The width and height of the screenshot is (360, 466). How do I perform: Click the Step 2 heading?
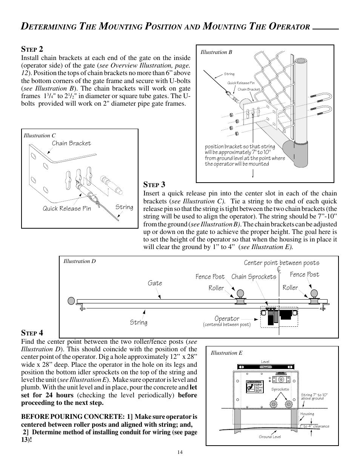point(32,49)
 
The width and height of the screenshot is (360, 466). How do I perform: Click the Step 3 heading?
point(154,185)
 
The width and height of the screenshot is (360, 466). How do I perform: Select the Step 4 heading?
point(32,333)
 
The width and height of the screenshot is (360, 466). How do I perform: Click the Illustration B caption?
point(216,52)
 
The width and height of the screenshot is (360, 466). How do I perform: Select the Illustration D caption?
point(79,261)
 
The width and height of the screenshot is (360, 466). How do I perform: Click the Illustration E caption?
point(226,353)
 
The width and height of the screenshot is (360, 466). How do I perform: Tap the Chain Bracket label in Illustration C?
point(71,143)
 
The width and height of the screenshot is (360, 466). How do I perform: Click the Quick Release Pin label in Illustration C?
point(66,208)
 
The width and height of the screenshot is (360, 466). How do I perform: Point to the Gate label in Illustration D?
point(155,283)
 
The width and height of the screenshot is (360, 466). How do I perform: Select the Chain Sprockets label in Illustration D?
point(254,277)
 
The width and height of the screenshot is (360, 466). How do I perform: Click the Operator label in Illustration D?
point(227,319)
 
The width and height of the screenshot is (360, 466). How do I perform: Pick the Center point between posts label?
point(281,263)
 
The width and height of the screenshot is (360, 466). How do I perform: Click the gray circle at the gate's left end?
point(71,301)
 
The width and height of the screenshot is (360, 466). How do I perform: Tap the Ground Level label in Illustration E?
point(270,437)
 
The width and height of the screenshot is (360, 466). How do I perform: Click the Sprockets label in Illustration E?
point(280,389)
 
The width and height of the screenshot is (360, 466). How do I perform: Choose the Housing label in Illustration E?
point(307,414)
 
